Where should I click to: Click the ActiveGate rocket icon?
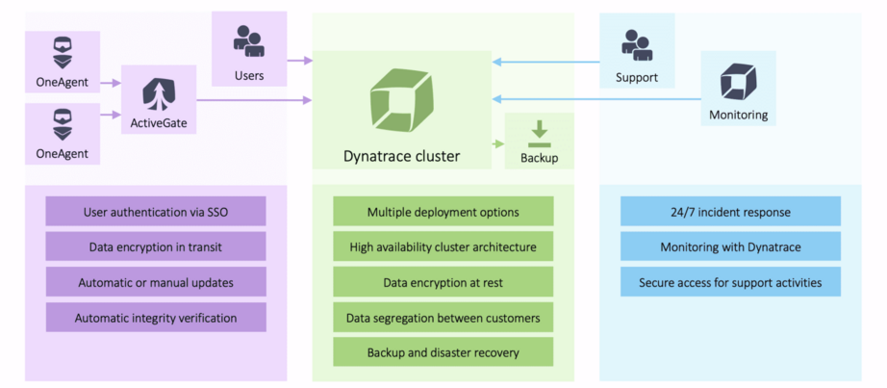click(x=159, y=94)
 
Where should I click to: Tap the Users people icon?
click(x=249, y=41)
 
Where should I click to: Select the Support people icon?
click(x=636, y=43)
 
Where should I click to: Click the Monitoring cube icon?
click(x=738, y=82)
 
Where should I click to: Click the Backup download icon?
click(x=539, y=133)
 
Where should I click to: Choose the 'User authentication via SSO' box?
click(x=156, y=211)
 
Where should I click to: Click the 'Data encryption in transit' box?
click(x=156, y=246)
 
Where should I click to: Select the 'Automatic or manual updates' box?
click(x=156, y=282)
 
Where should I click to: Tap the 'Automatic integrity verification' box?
click(x=156, y=317)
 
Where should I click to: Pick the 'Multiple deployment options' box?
click(x=443, y=211)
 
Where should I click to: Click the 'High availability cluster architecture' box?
click(x=443, y=246)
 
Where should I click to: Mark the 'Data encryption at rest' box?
click(x=443, y=282)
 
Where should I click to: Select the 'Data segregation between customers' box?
click(x=443, y=317)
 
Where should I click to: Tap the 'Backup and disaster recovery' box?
click(x=443, y=351)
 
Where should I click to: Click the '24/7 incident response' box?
click(x=730, y=211)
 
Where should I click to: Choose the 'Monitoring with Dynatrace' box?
click(x=730, y=246)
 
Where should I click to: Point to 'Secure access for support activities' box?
click(x=730, y=282)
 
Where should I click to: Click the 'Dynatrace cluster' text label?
click(x=402, y=155)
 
